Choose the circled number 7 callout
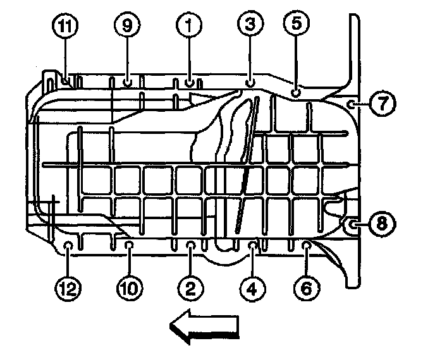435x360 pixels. [x=383, y=104]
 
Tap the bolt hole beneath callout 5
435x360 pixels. [x=295, y=93]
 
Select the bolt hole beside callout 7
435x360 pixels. [x=352, y=104]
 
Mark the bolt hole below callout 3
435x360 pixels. [x=250, y=81]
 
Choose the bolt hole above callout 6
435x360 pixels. [x=306, y=243]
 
